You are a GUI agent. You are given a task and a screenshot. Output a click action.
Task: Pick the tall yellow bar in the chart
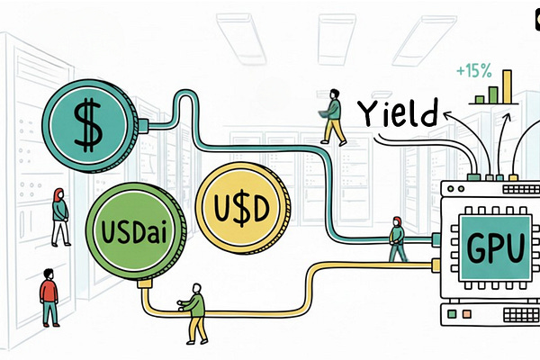[507, 87]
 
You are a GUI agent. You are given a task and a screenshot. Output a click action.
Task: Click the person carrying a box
[334, 117]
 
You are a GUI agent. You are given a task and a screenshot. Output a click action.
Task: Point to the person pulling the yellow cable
[193, 311]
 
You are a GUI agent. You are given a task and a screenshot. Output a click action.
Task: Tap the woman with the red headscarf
[59, 217]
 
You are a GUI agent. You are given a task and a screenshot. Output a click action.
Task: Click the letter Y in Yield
[370, 115]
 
